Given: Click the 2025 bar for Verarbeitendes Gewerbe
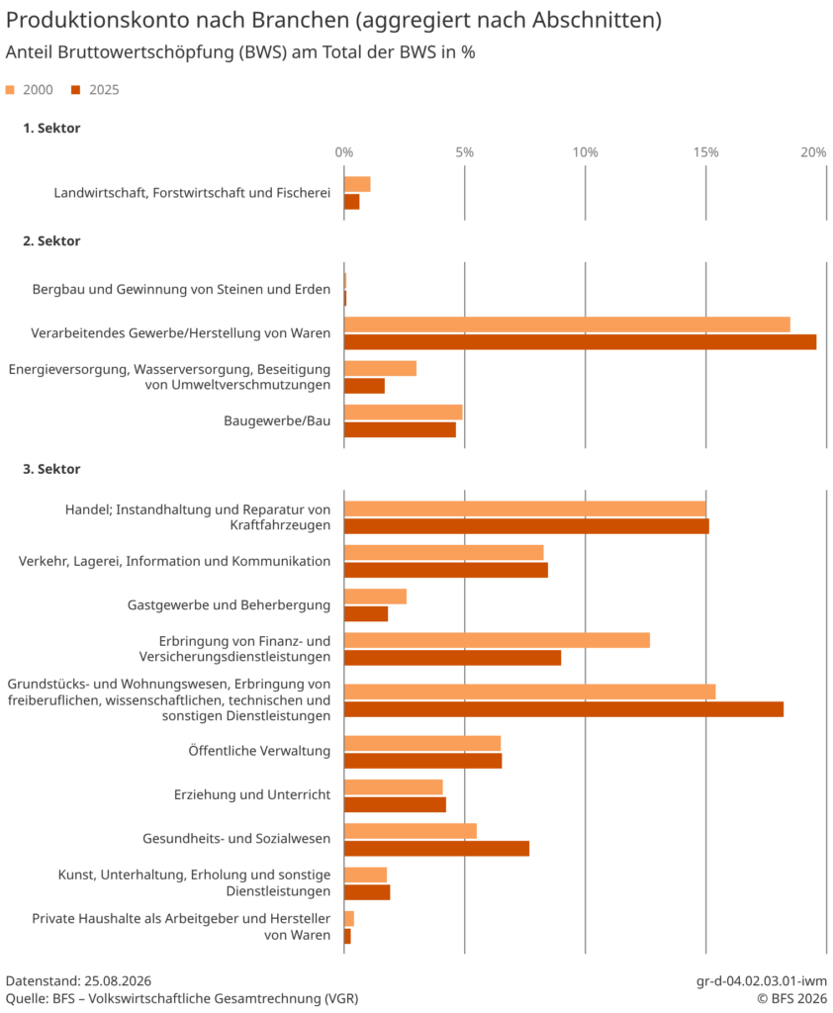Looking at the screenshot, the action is [580, 342].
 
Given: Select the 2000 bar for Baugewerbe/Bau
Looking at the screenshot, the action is [404, 413].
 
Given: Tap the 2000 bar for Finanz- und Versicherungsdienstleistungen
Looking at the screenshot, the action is [497, 640].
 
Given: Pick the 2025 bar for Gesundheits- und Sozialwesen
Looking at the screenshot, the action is [436, 848].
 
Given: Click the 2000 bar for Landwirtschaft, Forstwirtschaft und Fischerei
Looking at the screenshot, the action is [357, 184].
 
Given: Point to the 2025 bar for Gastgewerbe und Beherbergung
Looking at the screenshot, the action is [366, 613].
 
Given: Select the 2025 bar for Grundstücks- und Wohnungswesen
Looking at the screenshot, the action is [564, 709].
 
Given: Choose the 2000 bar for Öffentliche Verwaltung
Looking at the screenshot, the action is [422, 743].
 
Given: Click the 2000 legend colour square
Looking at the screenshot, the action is [10, 90].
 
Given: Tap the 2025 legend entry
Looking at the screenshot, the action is [95, 90].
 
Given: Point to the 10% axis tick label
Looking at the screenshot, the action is [585, 152].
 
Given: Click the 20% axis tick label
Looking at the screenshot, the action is [813, 152].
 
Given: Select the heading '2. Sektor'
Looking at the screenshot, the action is [51, 241].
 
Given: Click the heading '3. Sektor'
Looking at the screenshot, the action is [51, 469].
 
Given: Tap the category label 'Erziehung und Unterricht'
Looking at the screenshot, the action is [252, 794].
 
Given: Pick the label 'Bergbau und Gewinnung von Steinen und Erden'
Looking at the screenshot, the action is [182, 290].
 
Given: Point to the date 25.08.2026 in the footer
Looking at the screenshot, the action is [118, 980].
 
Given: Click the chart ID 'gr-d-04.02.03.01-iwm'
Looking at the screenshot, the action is [761, 980].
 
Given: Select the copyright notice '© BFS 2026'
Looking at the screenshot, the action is [791, 999].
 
